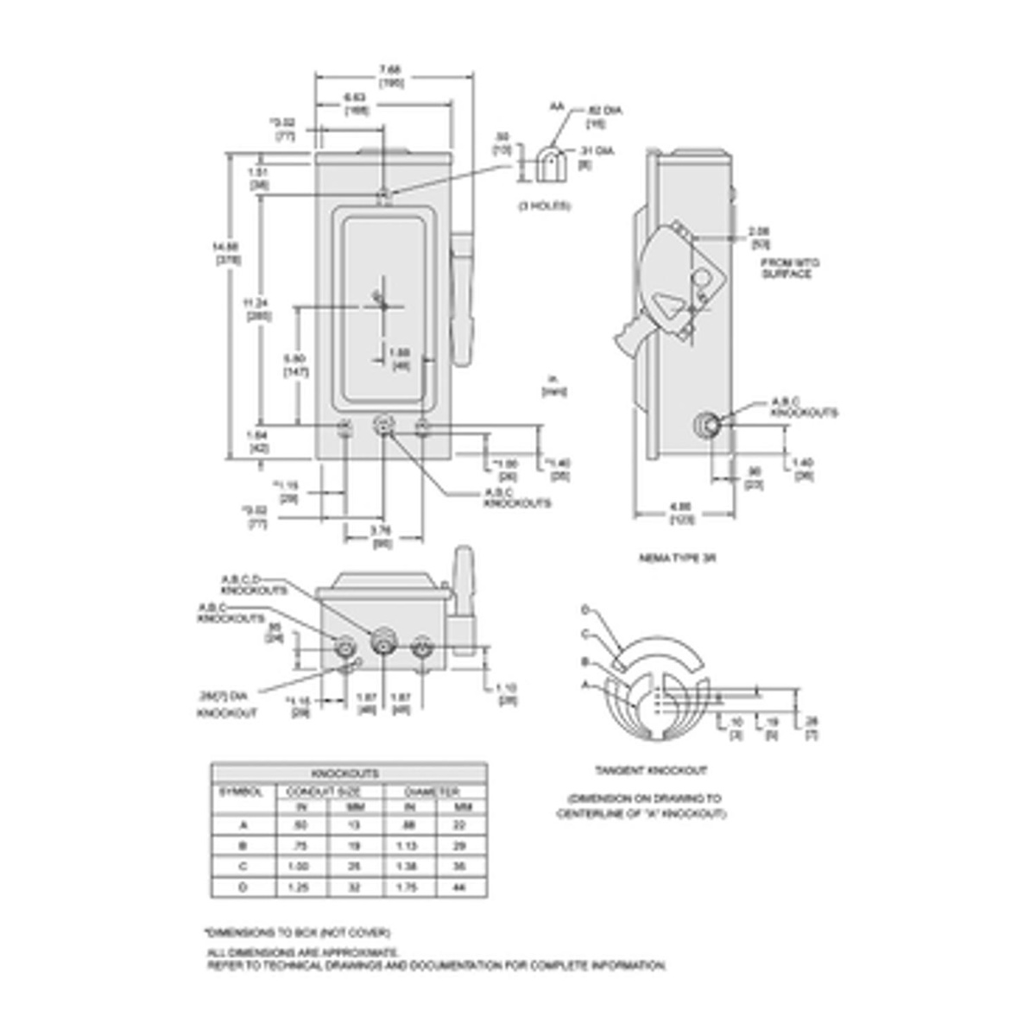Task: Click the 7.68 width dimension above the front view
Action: [x=393, y=69]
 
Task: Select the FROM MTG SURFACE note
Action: [x=787, y=268]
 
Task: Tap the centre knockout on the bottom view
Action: [x=381, y=643]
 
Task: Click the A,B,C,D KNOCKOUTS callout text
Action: [x=252, y=584]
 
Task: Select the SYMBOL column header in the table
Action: [x=234, y=791]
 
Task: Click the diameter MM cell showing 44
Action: [x=458, y=887]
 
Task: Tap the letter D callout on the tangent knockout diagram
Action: [x=584, y=610]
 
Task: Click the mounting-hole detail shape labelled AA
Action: [x=547, y=162]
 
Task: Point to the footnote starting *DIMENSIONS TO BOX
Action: [x=298, y=932]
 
